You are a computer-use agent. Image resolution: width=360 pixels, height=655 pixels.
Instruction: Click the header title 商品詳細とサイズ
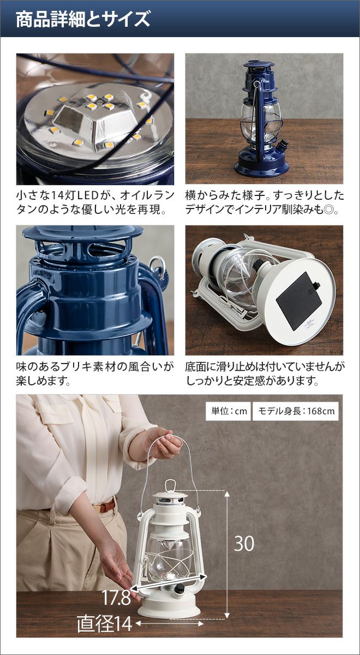pos(83,20)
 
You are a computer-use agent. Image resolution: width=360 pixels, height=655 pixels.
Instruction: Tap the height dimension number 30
pos(244,544)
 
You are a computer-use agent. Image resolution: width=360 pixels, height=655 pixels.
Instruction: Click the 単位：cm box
pos(228,411)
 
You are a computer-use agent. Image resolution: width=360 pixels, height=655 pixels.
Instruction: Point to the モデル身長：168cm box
pos(296,411)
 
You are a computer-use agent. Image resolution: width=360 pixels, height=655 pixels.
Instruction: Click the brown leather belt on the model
pos(107,506)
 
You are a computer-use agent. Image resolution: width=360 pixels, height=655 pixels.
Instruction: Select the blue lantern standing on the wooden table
pos(261,119)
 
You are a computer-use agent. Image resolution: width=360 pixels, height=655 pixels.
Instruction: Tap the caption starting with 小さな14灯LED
pos(95,203)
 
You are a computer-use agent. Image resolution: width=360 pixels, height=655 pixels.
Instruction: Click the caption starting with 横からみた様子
pos(265,203)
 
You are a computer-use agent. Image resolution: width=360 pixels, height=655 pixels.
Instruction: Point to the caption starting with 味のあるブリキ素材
pos(95,374)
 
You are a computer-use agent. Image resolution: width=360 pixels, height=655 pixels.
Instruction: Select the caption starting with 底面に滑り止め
pos(265,374)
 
